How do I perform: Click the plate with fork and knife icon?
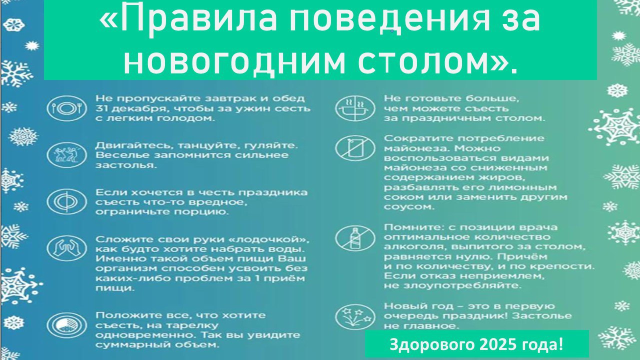click(x=67, y=108)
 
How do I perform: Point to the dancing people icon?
click(x=67, y=155)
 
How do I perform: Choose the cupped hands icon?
click(x=67, y=248)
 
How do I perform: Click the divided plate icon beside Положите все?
click(x=67, y=325)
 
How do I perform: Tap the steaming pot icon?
click(x=355, y=108)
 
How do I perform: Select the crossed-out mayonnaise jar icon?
click(x=355, y=148)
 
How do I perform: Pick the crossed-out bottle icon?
click(x=355, y=237)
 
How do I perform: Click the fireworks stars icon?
click(x=355, y=317)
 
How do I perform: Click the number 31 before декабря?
click(x=101, y=108)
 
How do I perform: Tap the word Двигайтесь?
click(x=134, y=146)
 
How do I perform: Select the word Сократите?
click(x=418, y=138)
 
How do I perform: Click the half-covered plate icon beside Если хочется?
click(x=67, y=202)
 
